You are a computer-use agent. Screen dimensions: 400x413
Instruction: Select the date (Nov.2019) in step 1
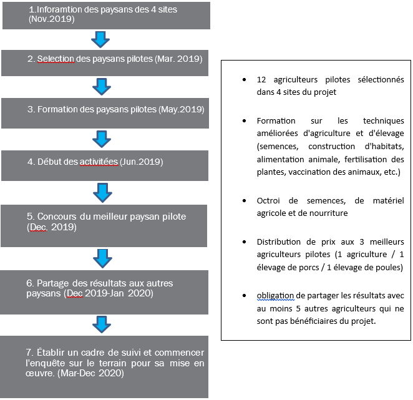(52, 19)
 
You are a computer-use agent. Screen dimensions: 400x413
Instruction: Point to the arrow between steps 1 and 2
(100, 39)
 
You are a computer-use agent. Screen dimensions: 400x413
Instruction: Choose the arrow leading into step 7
(101, 324)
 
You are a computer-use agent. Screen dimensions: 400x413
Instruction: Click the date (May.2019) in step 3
(182, 109)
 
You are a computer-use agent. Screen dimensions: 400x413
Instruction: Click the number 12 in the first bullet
(261, 80)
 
